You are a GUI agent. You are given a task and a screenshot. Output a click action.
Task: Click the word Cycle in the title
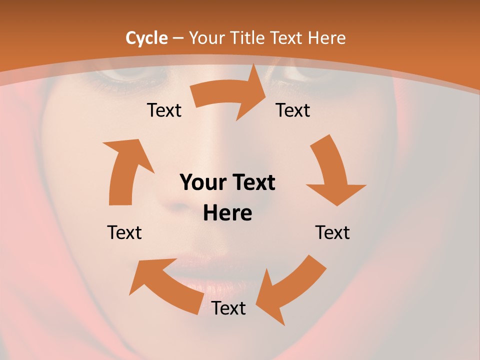[x=146, y=38]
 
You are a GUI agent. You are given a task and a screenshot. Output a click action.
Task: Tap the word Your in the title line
[x=206, y=38]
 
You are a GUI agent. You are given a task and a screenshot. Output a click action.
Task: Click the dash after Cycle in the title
[x=177, y=38]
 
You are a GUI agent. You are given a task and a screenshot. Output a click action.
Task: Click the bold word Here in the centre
[x=227, y=213]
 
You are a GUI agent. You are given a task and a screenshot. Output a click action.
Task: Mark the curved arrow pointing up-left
[x=165, y=285]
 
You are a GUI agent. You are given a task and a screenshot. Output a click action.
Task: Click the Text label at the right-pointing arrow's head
[x=293, y=110]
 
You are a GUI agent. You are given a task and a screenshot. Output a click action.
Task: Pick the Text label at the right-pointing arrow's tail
[x=164, y=110]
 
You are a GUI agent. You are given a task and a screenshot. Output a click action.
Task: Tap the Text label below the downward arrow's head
[x=332, y=232]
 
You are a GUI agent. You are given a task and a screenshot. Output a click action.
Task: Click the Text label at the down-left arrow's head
[x=228, y=308]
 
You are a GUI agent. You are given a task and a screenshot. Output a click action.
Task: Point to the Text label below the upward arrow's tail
[x=124, y=232]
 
